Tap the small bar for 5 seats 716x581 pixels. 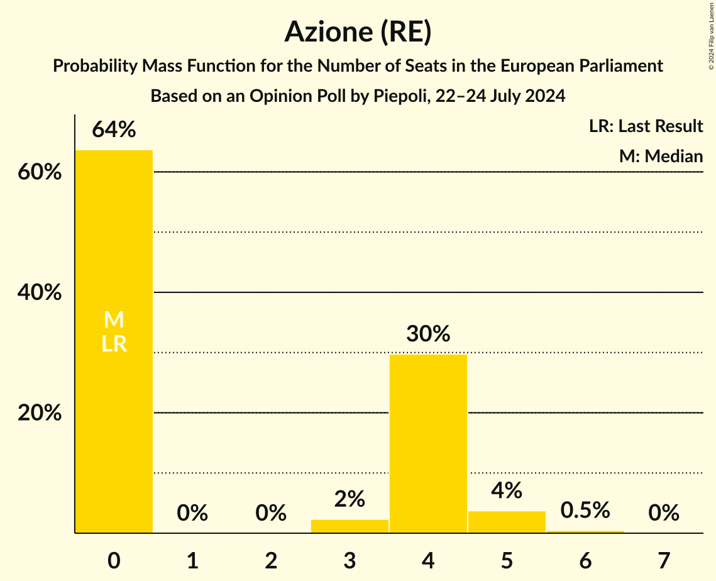point(507,522)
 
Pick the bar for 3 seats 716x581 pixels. point(350,526)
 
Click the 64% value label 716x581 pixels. point(114,130)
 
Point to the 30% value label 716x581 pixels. point(428,334)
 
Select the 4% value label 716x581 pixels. point(507,490)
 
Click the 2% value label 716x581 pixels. point(350,499)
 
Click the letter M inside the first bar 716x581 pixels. point(114,320)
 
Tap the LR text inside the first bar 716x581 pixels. point(114,344)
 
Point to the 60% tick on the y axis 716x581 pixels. point(40,172)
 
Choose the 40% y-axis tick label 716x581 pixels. point(40,293)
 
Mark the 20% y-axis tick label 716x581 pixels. point(40,414)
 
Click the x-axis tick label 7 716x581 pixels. point(664,560)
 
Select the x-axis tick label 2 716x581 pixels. point(271,560)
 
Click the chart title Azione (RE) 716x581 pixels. point(358,32)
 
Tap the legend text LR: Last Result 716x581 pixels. point(646,126)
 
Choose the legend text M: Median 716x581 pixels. point(661,156)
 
